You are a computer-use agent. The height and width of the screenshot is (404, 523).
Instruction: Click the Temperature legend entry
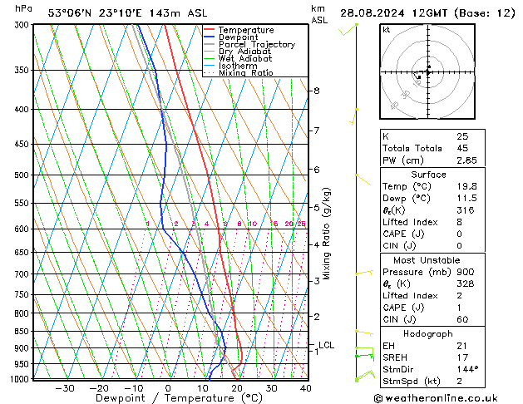click(244, 30)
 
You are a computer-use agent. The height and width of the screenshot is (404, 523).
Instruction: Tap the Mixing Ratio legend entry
click(246, 73)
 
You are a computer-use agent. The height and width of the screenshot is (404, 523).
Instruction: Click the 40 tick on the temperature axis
click(305, 388)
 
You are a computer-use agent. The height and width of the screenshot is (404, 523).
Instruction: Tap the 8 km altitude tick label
click(317, 90)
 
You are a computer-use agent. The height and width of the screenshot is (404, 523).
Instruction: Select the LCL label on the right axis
click(327, 345)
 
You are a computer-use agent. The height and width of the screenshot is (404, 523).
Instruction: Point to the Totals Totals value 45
click(462, 148)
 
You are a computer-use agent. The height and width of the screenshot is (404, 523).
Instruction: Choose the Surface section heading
click(428, 175)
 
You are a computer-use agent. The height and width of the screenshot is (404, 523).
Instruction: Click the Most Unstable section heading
click(428, 260)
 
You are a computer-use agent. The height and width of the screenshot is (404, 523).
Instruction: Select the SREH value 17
click(461, 357)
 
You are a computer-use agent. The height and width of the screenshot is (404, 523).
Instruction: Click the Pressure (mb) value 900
click(464, 272)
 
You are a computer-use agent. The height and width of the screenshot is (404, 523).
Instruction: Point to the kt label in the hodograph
click(387, 30)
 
